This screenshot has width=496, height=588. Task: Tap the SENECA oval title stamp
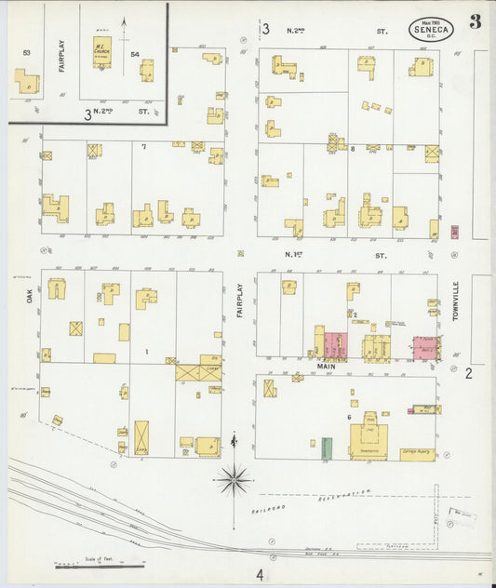coord(431,29)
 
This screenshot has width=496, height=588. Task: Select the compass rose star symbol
coord(234,480)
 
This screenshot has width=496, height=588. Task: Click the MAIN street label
coord(326,367)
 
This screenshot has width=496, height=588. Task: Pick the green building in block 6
coord(327,447)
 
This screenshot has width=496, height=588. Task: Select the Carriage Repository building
coord(417,454)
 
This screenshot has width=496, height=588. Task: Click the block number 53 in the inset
coord(26,54)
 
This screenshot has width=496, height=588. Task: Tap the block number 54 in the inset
coord(135,55)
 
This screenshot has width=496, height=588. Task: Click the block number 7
coord(143,147)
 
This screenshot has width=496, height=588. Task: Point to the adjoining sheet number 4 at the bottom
coord(261,574)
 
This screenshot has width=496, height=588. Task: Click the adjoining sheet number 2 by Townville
coord(469,373)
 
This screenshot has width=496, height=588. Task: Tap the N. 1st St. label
coord(335,253)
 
